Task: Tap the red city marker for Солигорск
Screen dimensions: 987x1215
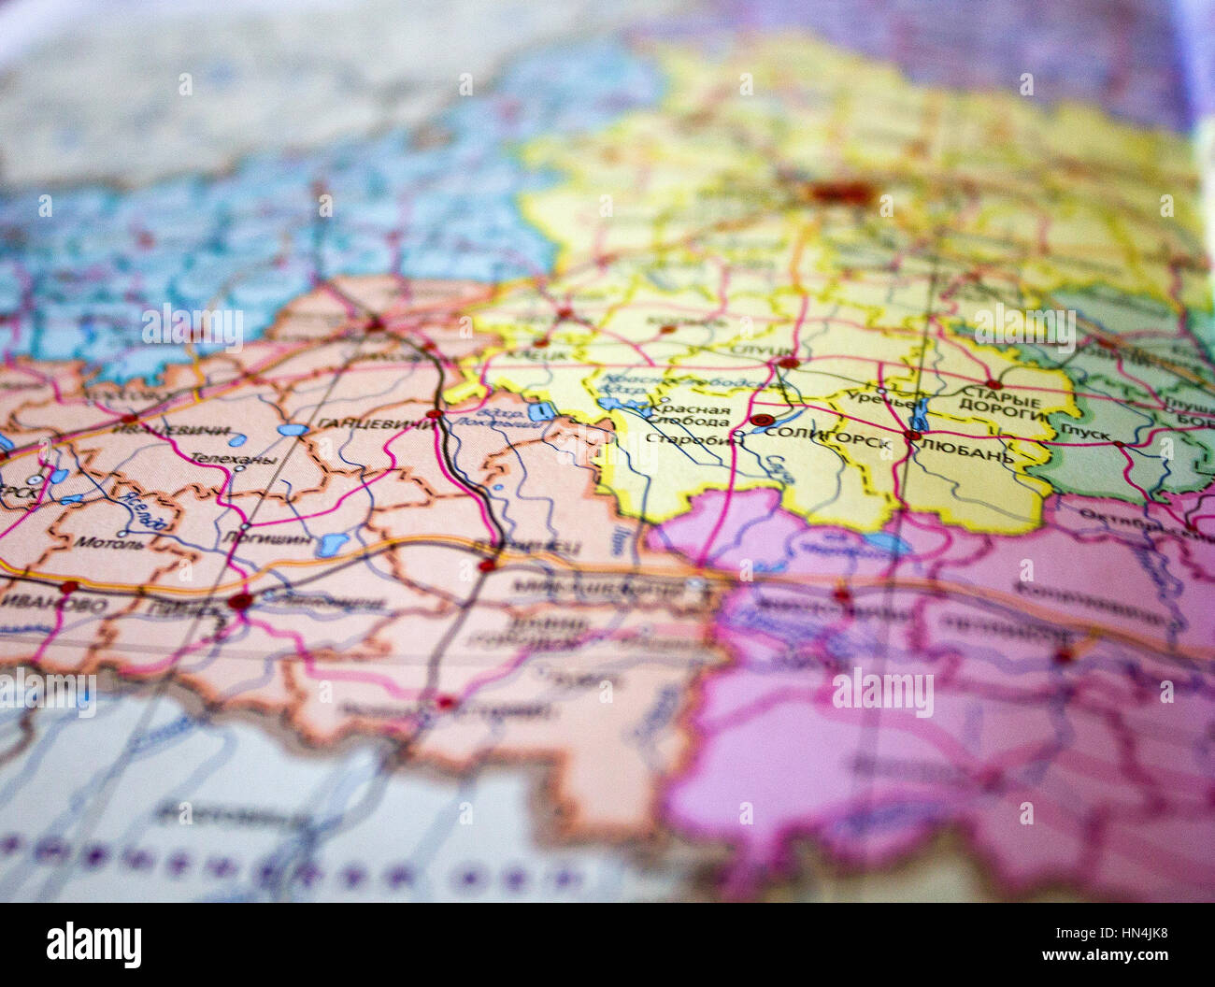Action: pyautogui.click(x=764, y=421)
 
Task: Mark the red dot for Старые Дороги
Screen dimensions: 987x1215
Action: pyautogui.click(x=993, y=383)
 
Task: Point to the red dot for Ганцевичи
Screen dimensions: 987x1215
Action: pyautogui.click(x=433, y=413)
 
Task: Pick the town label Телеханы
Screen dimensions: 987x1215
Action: pyautogui.click(x=220, y=459)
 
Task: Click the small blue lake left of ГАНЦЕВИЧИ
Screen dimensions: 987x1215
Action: pyautogui.click(x=292, y=431)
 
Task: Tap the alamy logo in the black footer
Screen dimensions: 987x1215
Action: pyautogui.click(x=93, y=944)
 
